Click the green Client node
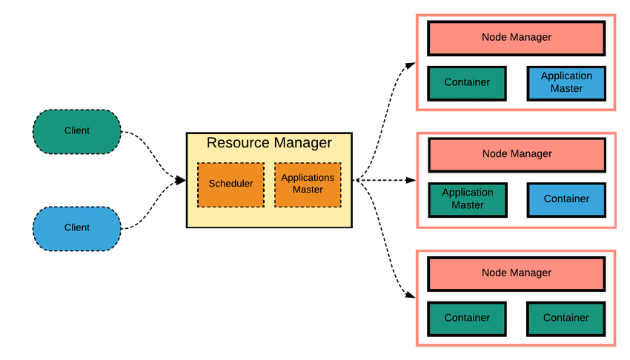(76, 131)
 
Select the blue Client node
(76, 228)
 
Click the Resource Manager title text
(268, 143)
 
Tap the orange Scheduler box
(230, 184)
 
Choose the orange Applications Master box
(308, 184)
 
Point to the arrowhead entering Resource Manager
(179, 180)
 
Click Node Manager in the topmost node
(516, 37)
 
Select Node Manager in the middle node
(516, 154)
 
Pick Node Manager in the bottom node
(516, 273)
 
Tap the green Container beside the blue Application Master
(467, 83)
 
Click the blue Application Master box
(566, 83)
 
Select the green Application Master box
(467, 199)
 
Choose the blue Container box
(566, 199)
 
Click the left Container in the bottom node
(467, 318)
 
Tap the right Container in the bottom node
(566, 318)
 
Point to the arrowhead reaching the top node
(411, 64)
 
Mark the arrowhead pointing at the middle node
(411, 180)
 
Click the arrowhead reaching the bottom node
(411, 296)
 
